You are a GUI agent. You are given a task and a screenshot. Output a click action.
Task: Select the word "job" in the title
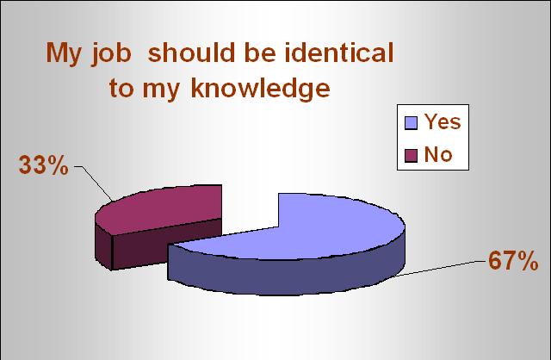pos(111,54)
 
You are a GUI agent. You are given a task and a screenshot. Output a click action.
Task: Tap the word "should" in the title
pos(191,53)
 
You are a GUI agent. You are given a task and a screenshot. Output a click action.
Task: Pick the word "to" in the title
pos(121,88)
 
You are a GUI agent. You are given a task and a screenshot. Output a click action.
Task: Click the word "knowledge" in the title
pos(260,88)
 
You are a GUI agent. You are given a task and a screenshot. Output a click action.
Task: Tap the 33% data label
pos(44,164)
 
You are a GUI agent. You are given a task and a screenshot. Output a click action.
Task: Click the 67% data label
pos(513,261)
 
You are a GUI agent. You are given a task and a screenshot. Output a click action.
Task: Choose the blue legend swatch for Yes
pos(411,123)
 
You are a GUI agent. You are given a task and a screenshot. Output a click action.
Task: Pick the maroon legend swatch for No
pos(411,156)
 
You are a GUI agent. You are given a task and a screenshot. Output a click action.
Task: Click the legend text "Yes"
pos(443,121)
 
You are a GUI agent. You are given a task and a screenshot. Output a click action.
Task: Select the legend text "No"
pos(438,154)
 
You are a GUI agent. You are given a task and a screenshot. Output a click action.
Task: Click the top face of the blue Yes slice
pos(316,228)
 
